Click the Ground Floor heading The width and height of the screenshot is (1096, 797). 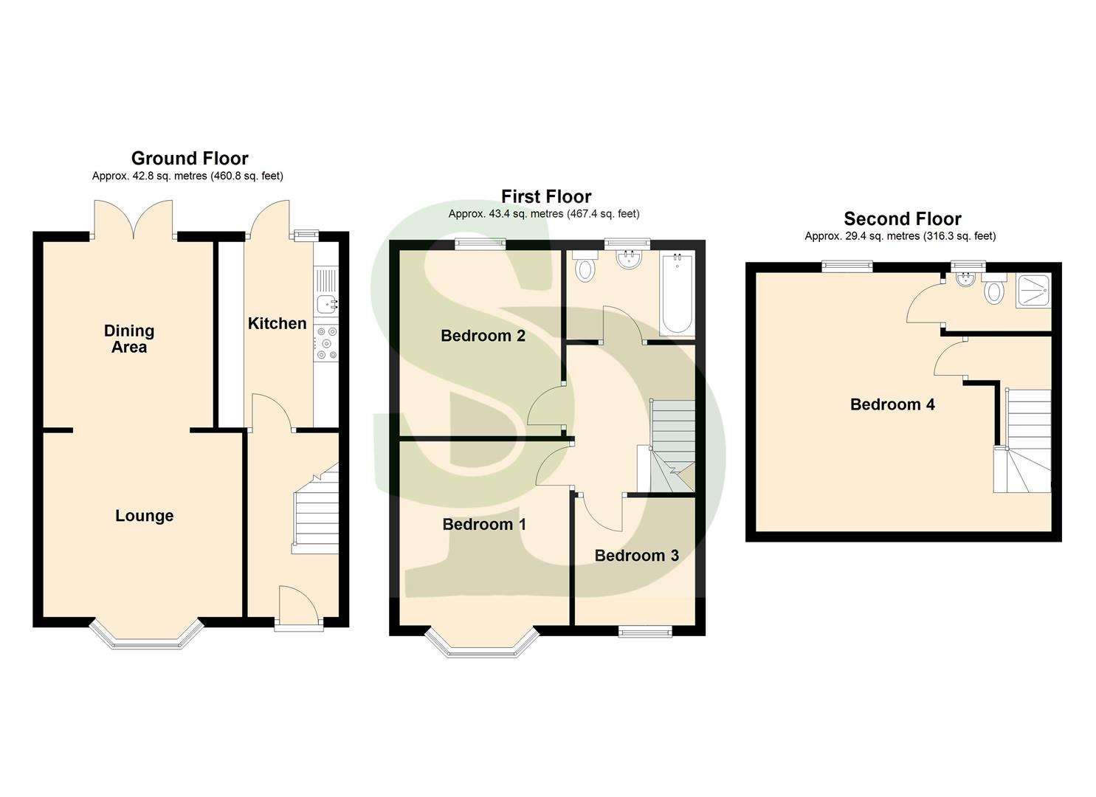190,158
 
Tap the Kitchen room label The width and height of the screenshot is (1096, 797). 277,323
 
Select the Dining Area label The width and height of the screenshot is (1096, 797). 129,339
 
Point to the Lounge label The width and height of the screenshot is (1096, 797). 144,516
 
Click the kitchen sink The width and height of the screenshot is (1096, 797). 325,303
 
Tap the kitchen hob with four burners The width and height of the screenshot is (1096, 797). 325,344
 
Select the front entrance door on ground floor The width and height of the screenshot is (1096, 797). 298,607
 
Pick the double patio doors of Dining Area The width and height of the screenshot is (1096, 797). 133,220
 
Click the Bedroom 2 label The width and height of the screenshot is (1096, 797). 483,336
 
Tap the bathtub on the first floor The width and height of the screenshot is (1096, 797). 677,294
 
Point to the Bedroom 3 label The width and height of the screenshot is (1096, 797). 636,556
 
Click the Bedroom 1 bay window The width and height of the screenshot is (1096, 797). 482,644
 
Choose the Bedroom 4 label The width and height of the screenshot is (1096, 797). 892,404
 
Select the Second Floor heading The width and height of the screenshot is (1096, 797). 902,218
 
